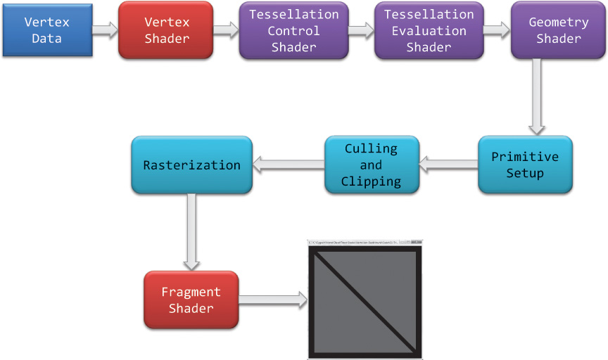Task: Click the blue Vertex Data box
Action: click(x=47, y=30)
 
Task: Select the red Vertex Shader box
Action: click(x=166, y=30)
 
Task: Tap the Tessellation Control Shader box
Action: click(x=293, y=30)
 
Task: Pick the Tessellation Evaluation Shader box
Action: click(x=429, y=30)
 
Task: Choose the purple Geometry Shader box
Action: click(x=558, y=30)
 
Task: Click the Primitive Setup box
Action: click(x=525, y=165)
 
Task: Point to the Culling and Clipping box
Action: click(x=371, y=165)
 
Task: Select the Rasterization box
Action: click(x=191, y=165)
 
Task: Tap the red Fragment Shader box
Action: click(x=191, y=300)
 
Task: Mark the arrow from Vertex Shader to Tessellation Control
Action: click(x=226, y=30)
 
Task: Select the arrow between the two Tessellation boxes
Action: click(x=361, y=30)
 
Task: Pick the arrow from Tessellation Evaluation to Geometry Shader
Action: click(x=497, y=30)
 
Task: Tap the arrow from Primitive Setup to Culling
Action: click(x=448, y=165)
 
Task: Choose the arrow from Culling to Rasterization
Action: click(x=288, y=165)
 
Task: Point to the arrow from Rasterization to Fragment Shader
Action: click(x=191, y=232)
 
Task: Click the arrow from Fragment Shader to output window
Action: click(x=273, y=300)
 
